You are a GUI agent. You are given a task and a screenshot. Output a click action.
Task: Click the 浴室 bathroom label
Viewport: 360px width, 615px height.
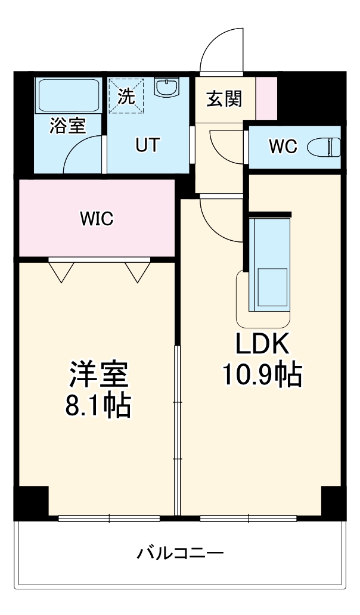[67, 126]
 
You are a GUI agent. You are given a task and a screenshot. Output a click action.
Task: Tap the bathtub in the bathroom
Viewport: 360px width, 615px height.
[69, 95]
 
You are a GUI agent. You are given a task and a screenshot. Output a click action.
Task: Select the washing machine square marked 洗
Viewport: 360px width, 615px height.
[126, 95]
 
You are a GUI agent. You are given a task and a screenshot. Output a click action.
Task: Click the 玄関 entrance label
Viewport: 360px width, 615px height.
[224, 99]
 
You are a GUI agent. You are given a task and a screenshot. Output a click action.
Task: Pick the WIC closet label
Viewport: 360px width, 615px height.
[97, 218]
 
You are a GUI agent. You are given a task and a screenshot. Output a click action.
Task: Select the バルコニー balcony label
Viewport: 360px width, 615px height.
[180, 554]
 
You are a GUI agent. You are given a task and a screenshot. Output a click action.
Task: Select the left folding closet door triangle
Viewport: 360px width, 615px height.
[61, 271]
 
